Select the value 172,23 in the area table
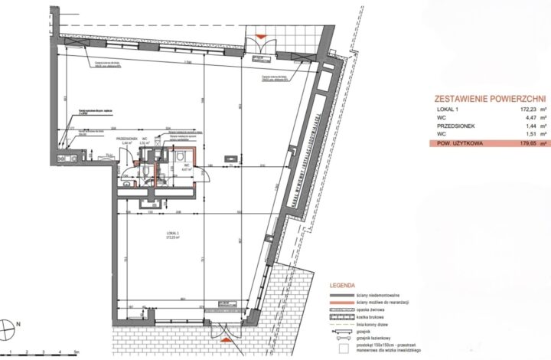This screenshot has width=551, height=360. [516, 111]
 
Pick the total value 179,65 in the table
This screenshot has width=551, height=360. [516, 142]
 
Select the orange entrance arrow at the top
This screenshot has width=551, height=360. [261, 36]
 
